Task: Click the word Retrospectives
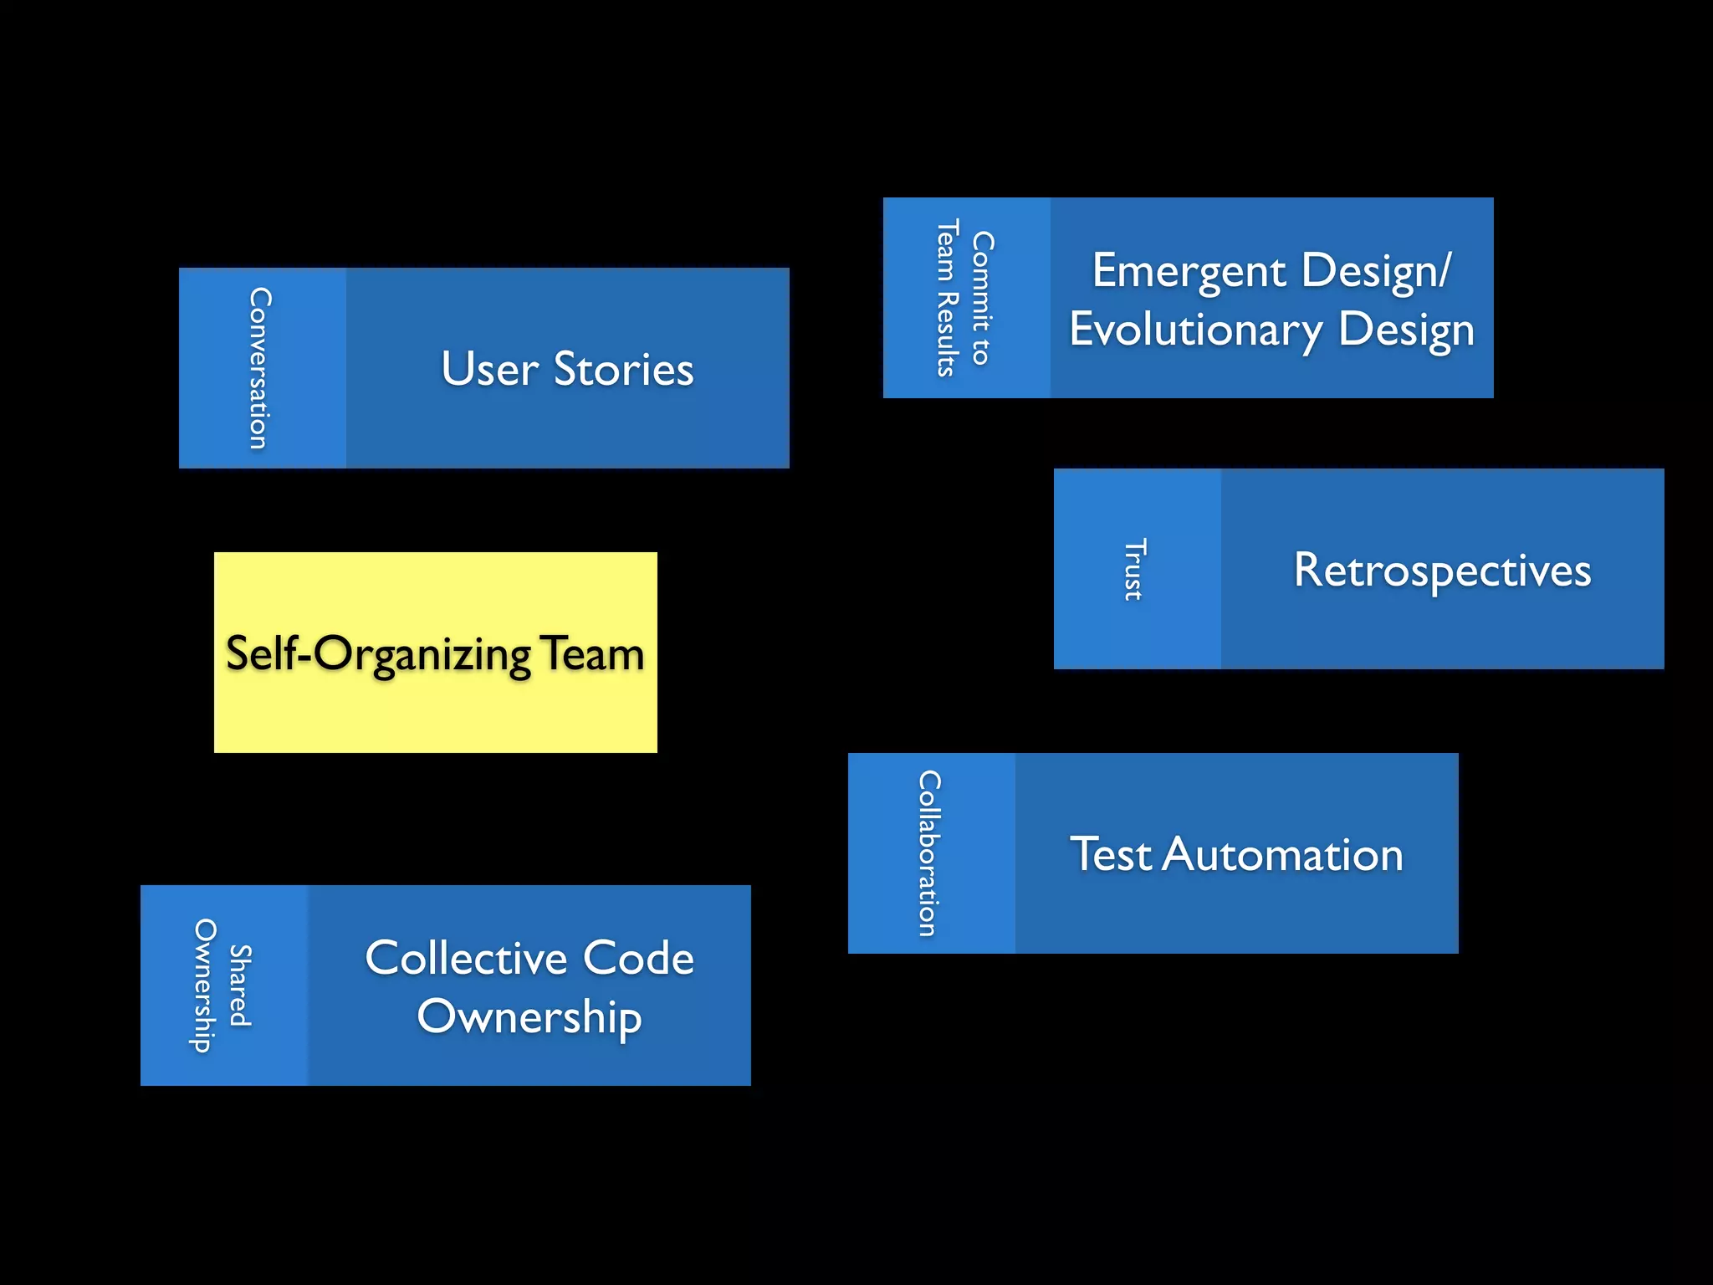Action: (x=1442, y=571)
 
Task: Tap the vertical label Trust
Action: (x=1134, y=569)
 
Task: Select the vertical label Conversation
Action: (x=260, y=368)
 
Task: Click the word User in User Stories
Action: (x=489, y=369)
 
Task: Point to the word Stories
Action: (x=623, y=369)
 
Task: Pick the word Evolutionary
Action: (x=1195, y=330)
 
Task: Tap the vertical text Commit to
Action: (x=983, y=298)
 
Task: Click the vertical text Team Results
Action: (x=947, y=298)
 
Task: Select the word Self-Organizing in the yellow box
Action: (x=378, y=654)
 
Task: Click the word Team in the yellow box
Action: (x=592, y=653)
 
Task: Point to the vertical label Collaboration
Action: (x=929, y=852)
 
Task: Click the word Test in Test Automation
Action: (x=1111, y=854)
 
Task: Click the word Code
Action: (x=638, y=958)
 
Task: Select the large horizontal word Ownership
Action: (x=529, y=1018)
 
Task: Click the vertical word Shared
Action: (x=241, y=986)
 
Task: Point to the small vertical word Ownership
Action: (x=204, y=986)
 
